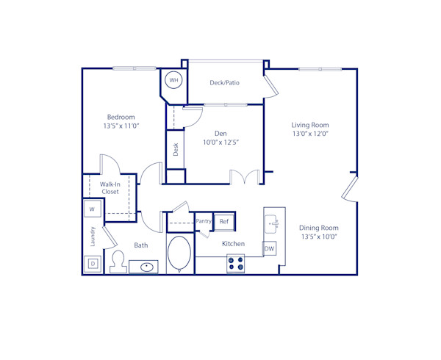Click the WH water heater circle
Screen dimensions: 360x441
(x=174, y=80)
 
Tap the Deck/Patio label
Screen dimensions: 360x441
(x=224, y=83)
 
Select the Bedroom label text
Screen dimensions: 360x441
(x=121, y=117)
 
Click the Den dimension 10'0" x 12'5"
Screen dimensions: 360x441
(x=220, y=142)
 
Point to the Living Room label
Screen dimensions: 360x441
(x=310, y=125)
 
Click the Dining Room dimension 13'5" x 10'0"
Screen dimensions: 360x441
(x=318, y=237)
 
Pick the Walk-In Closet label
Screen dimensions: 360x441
(x=110, y=187)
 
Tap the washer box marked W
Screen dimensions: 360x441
(x=93, y=209)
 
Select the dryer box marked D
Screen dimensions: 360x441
(x=93, y=263)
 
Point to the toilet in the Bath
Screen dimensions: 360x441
(x=118, y=261)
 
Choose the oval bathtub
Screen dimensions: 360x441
(x=179, y=253)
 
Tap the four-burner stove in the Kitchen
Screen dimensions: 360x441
(x=236, y=264)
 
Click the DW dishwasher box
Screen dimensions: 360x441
(x=270, y=249)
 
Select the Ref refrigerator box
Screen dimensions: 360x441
(x=224, y=221)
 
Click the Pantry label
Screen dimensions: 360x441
(x=204, y=221)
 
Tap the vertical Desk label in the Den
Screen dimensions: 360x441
(x=176, y=150)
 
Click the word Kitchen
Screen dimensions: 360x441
(x=233, y=244)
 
